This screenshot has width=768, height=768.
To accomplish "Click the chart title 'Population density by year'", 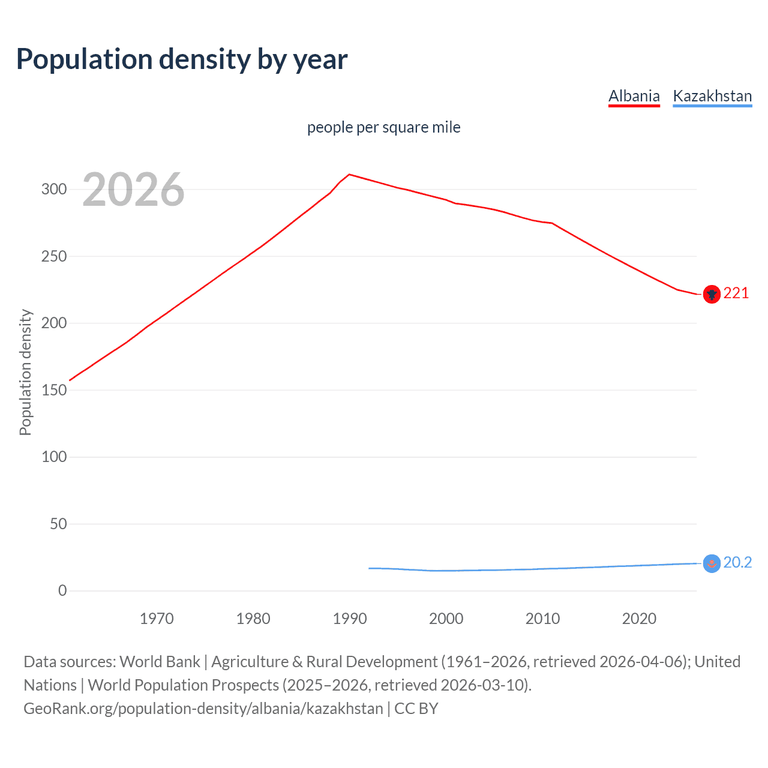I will [x=182, y=59].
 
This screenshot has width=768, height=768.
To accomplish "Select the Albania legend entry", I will [x=634, y=96].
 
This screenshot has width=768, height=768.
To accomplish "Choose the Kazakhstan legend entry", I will [x=712, y=96].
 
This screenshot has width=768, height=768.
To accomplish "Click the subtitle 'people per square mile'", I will [x=383, y=127].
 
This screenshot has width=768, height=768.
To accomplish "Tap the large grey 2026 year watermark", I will [x=133, y=190].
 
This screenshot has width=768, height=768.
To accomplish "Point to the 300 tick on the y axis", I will [x=54, y=190].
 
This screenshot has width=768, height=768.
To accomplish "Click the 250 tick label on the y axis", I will [x=54, y=256].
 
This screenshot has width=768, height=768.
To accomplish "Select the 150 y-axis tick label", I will [x=54, y=390].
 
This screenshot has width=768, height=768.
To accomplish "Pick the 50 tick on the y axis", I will [x=58, y=524].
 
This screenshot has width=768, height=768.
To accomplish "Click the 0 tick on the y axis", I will [x=62, y=590].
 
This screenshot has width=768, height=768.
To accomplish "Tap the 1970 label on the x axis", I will [x=157, y=619].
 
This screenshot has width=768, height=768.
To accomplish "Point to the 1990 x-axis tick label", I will [x=350, y=619].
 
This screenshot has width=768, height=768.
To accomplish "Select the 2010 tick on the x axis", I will [x=542, y=619].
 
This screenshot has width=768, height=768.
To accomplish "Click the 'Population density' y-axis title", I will [x=25, y=372].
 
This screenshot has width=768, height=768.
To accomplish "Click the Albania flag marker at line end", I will [x=712, y=295].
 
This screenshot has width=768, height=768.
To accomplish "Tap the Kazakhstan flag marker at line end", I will [x=712, y=563].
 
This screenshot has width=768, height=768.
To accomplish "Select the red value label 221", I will [x=736, y=293].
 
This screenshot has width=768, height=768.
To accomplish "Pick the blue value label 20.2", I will [x=737, y=562].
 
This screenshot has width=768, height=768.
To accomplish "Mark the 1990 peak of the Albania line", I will [x=350, y=175].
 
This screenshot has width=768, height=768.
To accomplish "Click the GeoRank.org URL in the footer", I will [x=203, y=709].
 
